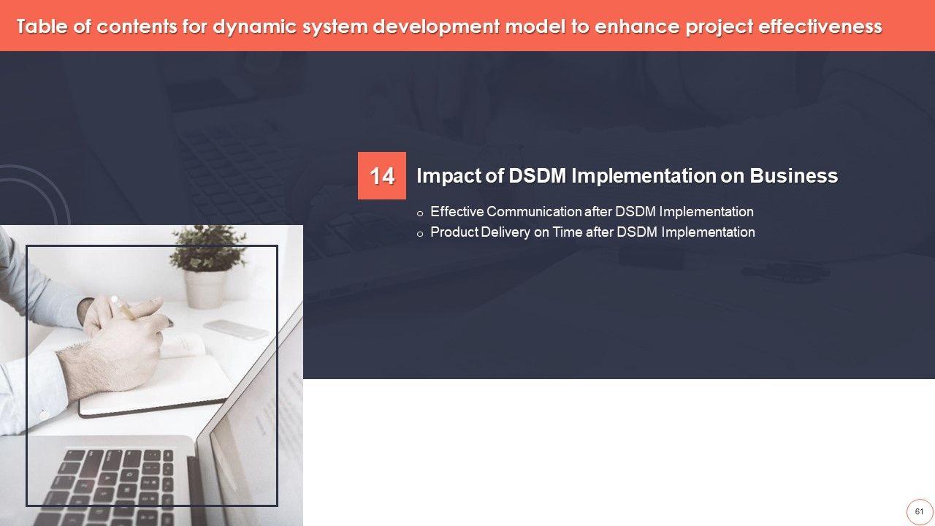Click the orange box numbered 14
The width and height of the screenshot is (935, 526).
click(x=381, y=176)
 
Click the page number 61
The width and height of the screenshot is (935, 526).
click(x=919, y=511)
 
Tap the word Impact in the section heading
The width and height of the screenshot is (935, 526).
click(x=449, y=176)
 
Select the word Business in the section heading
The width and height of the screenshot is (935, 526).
click(x=793, y=176)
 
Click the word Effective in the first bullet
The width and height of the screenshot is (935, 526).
click(x=457, y=212)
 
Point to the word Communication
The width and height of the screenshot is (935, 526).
click(x=534, y=212)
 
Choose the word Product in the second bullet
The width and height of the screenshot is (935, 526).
click(x=454, y=232)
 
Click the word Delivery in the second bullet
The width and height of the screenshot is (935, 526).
click(x=505, y=232)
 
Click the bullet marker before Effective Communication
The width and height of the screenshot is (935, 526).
click(x=420, y=214)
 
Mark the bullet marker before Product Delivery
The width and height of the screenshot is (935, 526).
click(x=420, y=235)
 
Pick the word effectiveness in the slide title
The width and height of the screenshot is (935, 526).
click(x=820, y=26)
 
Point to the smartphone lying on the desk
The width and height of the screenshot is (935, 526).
click(x=236, y=329)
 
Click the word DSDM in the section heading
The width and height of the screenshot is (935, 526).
click(x=537, y=176)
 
